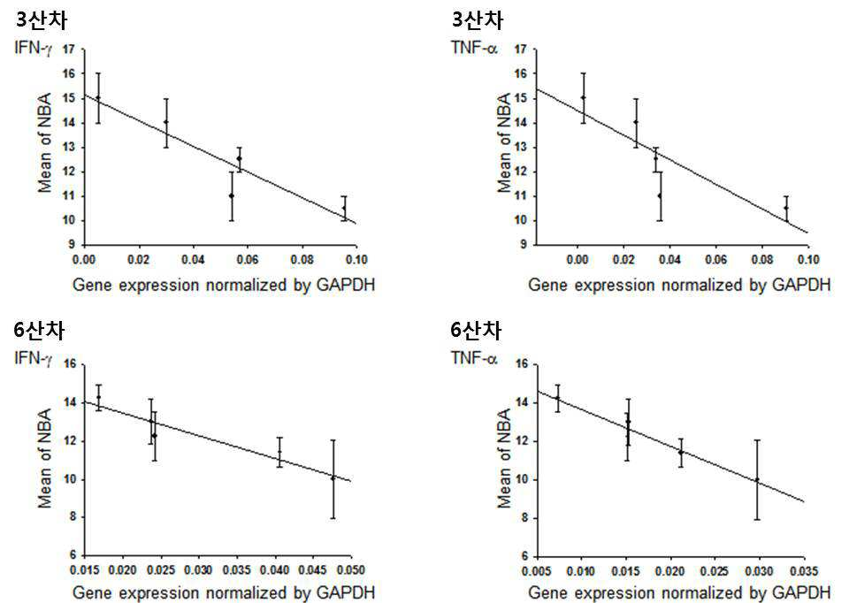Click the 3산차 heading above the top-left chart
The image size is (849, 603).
pos(42,20)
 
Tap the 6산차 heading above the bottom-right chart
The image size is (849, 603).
pos(476,330)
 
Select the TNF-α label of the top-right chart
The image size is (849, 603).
pos(474,48)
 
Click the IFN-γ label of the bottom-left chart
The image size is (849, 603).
pos(34,358)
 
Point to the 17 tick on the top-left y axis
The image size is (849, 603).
pos(68,49)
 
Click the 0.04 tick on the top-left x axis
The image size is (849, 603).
pos(193,259)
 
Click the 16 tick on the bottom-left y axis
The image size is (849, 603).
pos(70,363)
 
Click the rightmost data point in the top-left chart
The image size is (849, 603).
pos(344,208)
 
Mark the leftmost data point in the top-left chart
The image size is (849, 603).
pos(98,97)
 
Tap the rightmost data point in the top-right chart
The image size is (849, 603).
pos(786,208)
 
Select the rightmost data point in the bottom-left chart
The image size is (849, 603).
pos(333,478)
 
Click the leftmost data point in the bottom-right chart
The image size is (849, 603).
pos(558,399)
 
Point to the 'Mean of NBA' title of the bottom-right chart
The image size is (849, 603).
pos(505,459)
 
